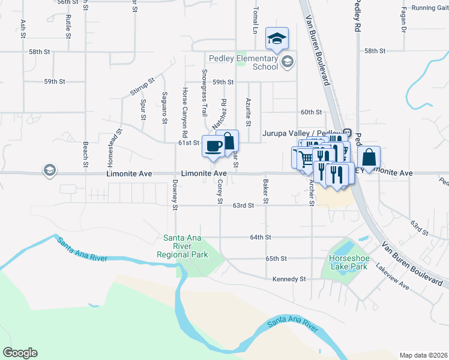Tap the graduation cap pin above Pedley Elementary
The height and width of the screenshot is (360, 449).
[x=277, y=39]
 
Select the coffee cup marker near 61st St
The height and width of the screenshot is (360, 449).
[x=213, y=146]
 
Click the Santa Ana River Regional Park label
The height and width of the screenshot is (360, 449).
[x=182, y=246]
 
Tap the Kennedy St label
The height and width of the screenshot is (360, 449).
[x=289, y=279]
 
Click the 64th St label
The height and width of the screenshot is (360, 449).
[x=261, y=237]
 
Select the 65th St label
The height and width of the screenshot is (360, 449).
[x=276, y=258]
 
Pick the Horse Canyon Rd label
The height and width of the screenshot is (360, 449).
[x=185, y=112]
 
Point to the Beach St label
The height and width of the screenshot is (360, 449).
[x=86, y=154]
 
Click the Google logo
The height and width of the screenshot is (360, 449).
[x=20, y=353]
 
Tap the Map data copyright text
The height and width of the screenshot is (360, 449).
[x=423, y=355]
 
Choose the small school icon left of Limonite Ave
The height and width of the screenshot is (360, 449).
[x=49, y=171]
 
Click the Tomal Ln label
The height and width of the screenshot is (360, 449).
[x=255, y=21]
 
